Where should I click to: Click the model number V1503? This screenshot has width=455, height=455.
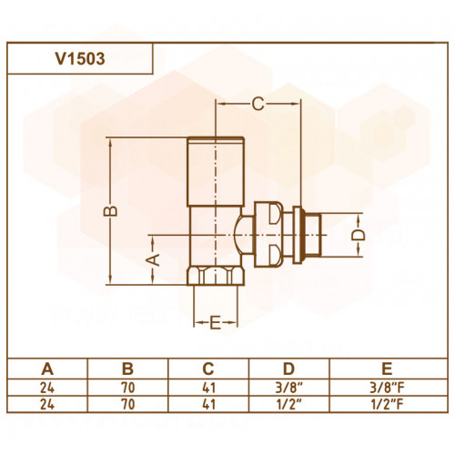pos(80,59)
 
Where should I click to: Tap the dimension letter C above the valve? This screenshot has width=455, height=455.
pos(258,104)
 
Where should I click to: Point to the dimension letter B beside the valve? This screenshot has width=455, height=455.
pos(110,211)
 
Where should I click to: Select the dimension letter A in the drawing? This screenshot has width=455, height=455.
pos(153,260)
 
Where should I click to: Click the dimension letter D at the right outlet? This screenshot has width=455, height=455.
pos(359,236)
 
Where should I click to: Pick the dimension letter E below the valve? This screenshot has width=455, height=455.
pos(215,322)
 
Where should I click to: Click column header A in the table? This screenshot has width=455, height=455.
pos(47,369)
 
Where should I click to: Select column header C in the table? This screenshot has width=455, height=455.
pos(208,369)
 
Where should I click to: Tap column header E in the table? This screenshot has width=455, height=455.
pos(388,369)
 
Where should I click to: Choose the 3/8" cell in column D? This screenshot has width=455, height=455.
pos(289,388)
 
